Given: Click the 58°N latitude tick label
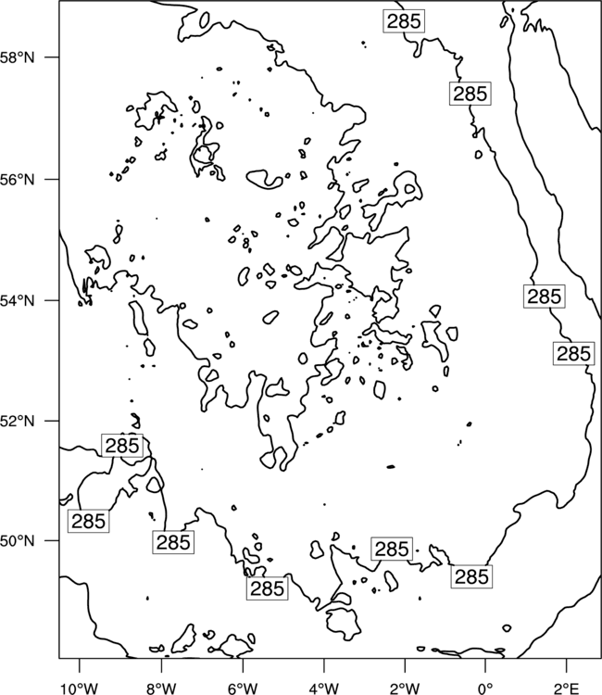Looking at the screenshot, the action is tap(18, 57).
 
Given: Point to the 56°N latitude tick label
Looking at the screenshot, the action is tap(18, 180).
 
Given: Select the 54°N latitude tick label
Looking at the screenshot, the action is tap(18, 301).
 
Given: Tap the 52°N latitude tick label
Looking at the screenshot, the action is tap(18, 421).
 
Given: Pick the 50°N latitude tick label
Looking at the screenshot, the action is tap(18, 541).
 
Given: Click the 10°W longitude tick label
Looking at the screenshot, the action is tap(80, 689).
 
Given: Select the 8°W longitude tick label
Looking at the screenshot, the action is tap(161, 689).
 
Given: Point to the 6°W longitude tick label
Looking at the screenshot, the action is tap(243, 689).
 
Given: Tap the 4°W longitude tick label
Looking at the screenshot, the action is tap(324, 689).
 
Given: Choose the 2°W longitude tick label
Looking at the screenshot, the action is tap(405, 689).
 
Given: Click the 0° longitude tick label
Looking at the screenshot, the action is tap(485, 689).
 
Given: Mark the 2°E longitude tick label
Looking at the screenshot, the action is tap(567, 689).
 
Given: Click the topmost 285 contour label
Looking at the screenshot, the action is tap(404, 20).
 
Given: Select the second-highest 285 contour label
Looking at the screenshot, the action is tap(470, 94).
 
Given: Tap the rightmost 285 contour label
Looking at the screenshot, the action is tap(573, 354).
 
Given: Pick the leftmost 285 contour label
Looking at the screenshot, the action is tap(88, 521).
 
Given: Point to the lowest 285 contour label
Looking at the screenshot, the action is tap(267, 588).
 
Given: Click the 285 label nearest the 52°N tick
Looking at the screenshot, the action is tap(122, 446).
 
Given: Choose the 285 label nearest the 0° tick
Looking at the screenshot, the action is tap(471, 576).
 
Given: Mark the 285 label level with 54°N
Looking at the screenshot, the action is tap(545, 297).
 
